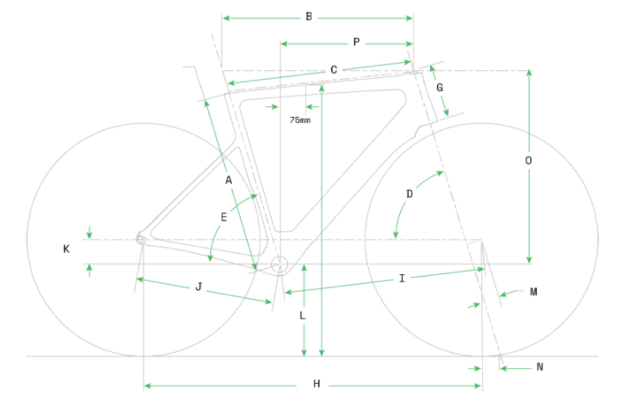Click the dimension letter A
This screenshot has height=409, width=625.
[229, 180]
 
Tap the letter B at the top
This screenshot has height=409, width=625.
[309, 16]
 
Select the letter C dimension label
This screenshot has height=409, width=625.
[333, 70]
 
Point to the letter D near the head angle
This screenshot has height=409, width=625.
[410, 194]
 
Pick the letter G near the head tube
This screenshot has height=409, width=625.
[440, 87]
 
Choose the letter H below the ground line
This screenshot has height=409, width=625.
[316, 384]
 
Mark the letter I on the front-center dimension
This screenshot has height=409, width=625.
[401, 278]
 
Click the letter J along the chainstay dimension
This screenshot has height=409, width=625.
[198, 287]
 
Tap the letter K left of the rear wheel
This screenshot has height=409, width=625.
[66, 250]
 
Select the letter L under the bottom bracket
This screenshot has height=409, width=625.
[302, 316]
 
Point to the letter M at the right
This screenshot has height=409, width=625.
[533, 292]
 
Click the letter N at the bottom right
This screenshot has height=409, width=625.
[540, 367]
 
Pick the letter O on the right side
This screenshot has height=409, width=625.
[528, 161]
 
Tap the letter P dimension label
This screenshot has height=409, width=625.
[356, 42]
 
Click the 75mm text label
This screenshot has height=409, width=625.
[300, 119]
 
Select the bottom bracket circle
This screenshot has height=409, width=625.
[279, 264]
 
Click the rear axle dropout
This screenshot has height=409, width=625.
[139, 237]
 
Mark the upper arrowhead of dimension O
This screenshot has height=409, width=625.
[529, 73]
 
